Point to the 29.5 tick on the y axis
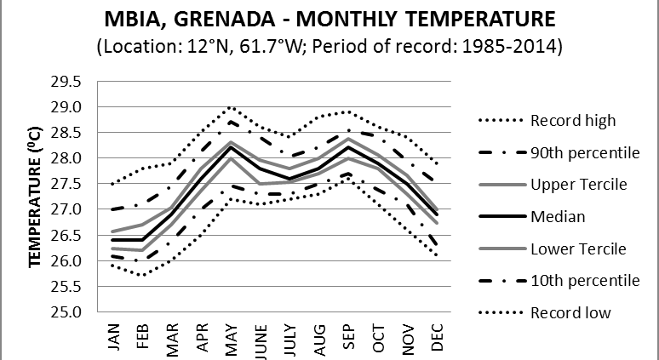pos(72,82)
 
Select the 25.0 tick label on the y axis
pos(72,311)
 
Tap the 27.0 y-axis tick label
pos(72,209)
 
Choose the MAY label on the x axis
pos(230,335)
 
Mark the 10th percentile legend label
pos(583,281)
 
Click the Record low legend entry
pos(570,313)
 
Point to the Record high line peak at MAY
pos(230,107)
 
